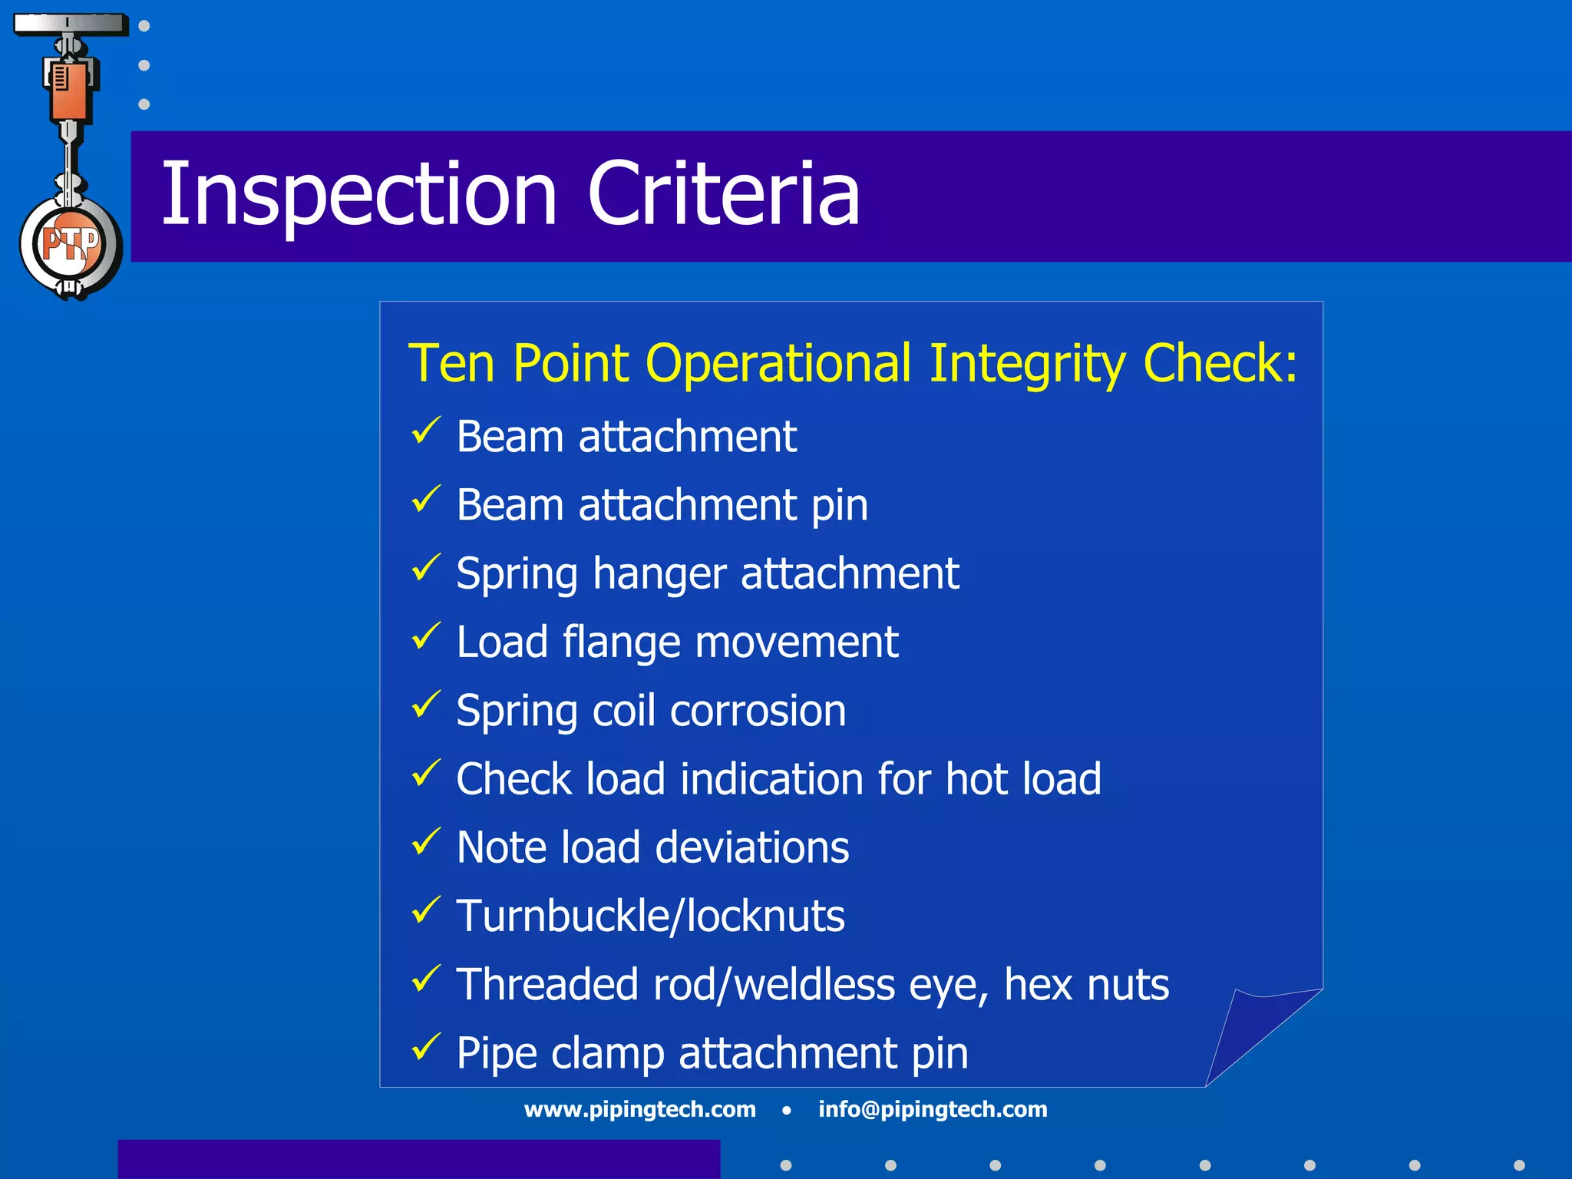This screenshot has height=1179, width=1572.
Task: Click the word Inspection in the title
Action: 358,196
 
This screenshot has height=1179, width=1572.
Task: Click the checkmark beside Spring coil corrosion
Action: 426,704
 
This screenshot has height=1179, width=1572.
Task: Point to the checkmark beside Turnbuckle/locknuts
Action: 426,910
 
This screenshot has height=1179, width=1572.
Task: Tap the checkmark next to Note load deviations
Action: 426,841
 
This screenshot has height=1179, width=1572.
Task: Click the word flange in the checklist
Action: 621,642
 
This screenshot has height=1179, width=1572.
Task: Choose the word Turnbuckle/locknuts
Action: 650,916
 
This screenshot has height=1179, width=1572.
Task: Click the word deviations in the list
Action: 752,847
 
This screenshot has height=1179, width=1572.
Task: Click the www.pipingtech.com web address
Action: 639,1109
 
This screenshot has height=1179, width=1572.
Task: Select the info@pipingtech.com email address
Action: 933,1109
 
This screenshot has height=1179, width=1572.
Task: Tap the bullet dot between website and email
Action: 787,1110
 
